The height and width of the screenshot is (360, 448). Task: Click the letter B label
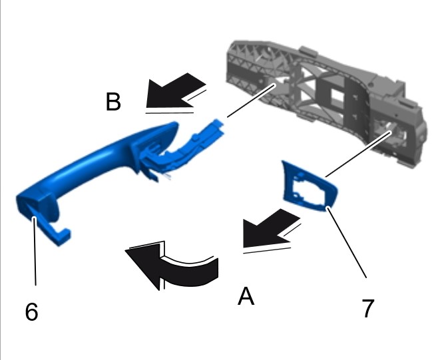[x=113, y=101]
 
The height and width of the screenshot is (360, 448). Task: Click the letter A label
[x=246, y=296]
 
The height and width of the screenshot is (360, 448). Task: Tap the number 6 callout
[x=31, y=311]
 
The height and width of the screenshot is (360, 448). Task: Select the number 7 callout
[x=367, y=308]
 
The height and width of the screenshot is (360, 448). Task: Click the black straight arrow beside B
[x=175, y=90]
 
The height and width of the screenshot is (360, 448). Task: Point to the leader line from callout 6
[x=35, y=251]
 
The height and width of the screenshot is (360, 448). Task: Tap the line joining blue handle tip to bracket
[x=251, y=100]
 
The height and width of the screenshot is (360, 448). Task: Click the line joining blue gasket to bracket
[x=358, y=154]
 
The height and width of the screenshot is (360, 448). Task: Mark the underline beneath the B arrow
[x=170, y=112]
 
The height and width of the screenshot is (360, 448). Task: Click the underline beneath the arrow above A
[x=267, y=251]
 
